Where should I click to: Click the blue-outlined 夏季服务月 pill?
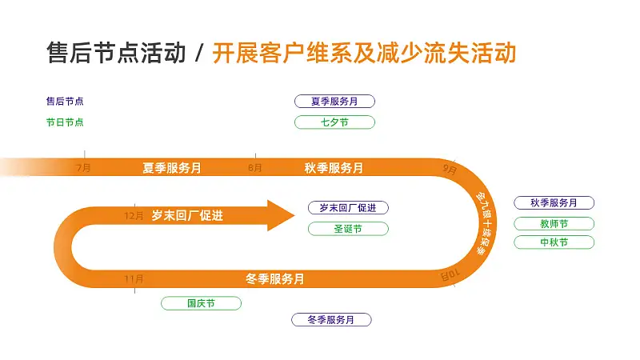pyautogui.click(x=334, y=102)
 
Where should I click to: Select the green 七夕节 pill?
pyautogui.click(x=334, y=122)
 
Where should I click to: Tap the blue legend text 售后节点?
pyautogui.click(x=65, y=102)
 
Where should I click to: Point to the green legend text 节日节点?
pyautogui.click(x=65, y=122)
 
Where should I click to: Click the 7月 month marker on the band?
pyautogui.click(x=84, y=168)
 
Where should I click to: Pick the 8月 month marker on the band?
pyautogui.click(x=255, y=168)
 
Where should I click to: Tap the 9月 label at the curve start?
pyautogui.click(x=450, y=169)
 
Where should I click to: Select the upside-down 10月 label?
pyautogui.click(x=450, y=275)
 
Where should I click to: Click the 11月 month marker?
pyautogui.click(x=134, y=279)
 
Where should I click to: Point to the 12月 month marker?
pyautogui.click(x=134, y=215)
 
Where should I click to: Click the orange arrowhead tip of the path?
pyautogui.click(x=294, y=215)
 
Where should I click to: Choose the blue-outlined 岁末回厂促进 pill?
pyautogui.click(x=348, y=208)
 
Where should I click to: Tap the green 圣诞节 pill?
pyautogui.click(x=348, y=229)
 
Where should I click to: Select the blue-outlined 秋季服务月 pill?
pyautogui.click(x=554, y=203)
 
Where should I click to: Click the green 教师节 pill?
pyautogui.click(x=554, y=224)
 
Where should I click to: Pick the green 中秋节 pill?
pyautogui.click(x=554, y=242)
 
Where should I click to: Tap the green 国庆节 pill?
pyautogui.click(x=202, y=303)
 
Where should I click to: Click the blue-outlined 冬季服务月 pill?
pyautogui.click(x=331, y=319)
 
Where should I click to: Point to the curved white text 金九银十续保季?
pyautogui.click(x=486, y=224)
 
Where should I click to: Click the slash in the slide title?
pyautogui.click(x=199, y=54)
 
